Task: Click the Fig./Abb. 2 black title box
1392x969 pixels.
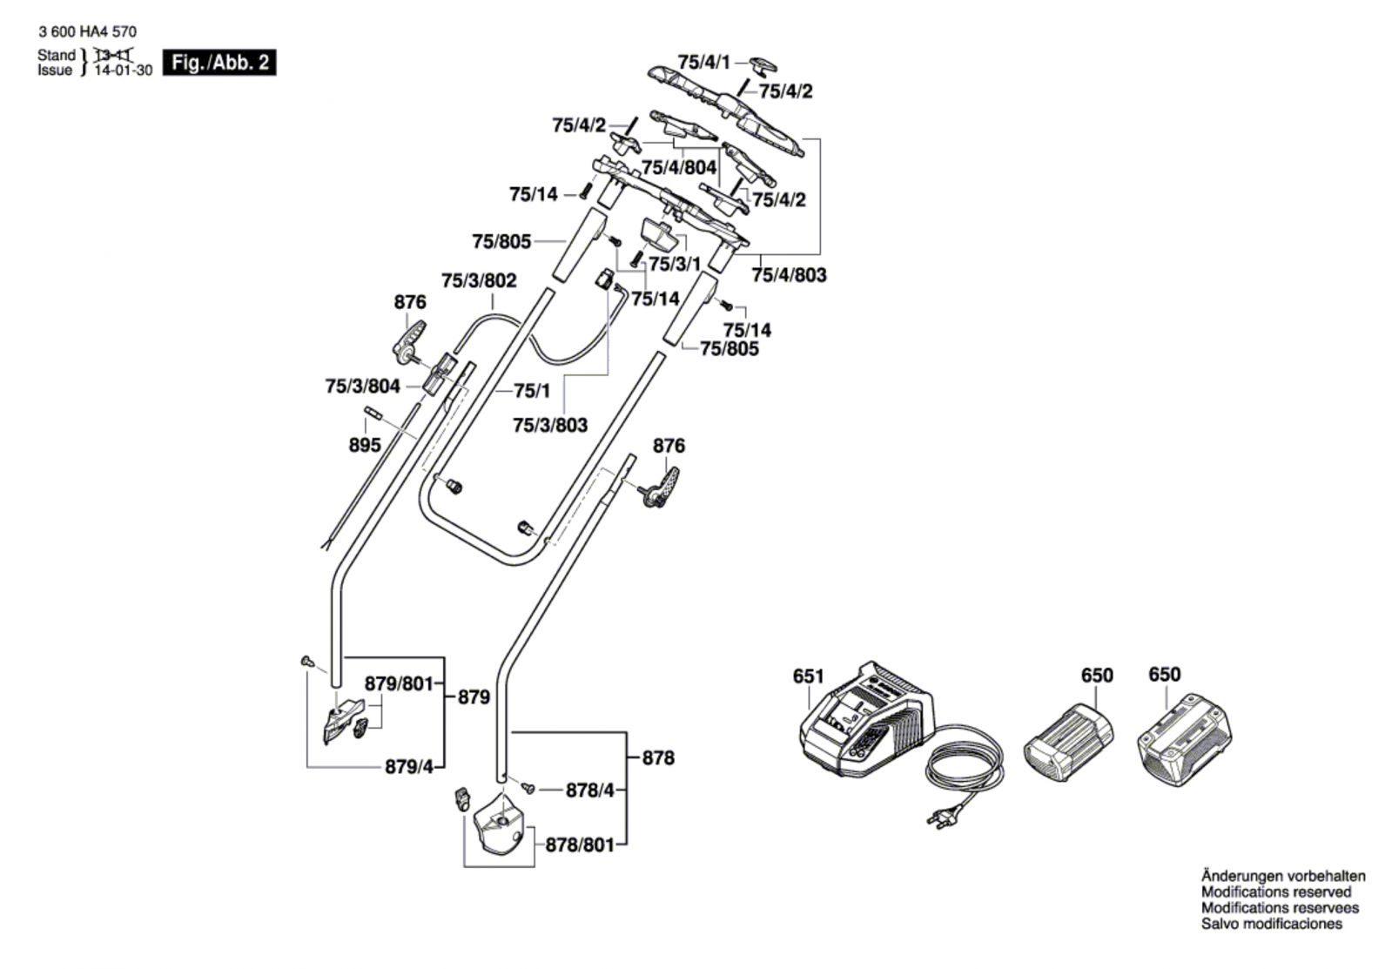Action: pyautogui.click(x=219, y=63)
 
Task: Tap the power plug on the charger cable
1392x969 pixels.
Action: pyautogui.click(x=943, y=818)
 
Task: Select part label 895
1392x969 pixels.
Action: pyautogui.click(x=364, y=445)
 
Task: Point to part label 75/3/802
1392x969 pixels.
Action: pyautogui.click(x=479, y=280)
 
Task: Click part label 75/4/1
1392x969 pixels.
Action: pyautogui.click(x=704, y=62)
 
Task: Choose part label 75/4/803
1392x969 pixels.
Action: pyautogui.click(x=789, y=275)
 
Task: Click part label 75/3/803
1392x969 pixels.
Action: pyautogui.click(x=550, y=425)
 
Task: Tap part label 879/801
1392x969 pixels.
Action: pyautogui.click(x=399, y=684)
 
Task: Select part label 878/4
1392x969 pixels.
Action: pyautogui.click(x=590, y=791)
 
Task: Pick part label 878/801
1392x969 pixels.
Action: pyautogui.click(x=580, y=845)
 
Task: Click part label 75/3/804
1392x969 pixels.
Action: pyautogui.click(x=362, y=386)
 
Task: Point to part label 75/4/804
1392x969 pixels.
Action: pyautogui.click(x=679, y=167)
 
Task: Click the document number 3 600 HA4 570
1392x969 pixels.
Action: pyautogui.click(x=87, y=32)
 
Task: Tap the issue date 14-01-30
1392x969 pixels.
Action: pyautogui.click(x=122, y=71)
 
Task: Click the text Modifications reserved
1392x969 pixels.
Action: pyautogui.click(x=1276, y=892)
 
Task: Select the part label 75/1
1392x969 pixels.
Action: pyautogui.click(x=532, y=392)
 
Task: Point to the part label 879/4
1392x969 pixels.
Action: pyautogui.click(x=408, y=767)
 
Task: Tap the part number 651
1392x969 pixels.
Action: pyautogui.click(x=808, y=676)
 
